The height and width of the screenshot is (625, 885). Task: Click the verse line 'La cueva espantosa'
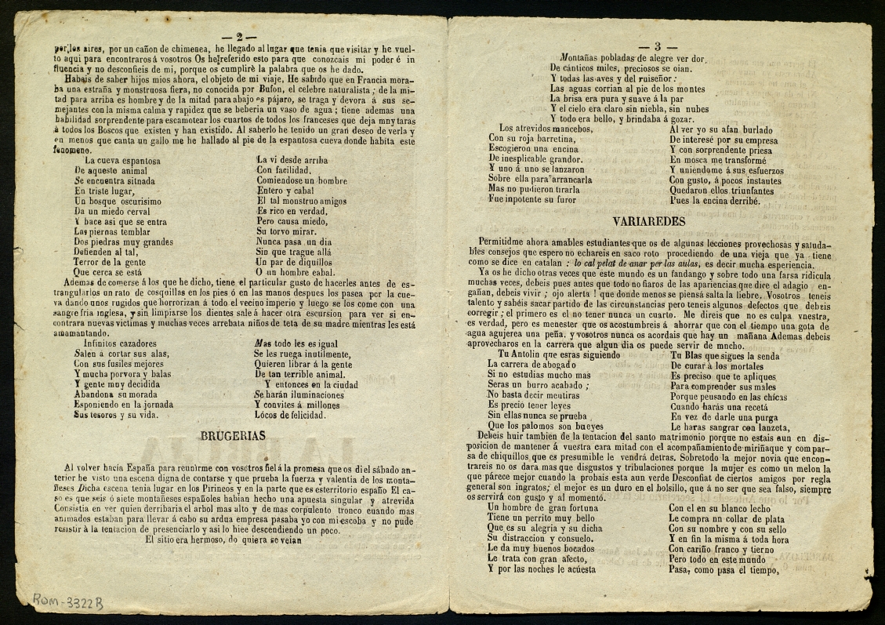click(x=122, y=161)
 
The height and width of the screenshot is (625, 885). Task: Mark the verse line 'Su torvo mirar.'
click(x=291, y=232)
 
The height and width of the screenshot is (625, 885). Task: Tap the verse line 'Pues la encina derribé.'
click(x=714, y=200)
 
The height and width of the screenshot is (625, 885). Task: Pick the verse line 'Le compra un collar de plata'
click(x=726, y=518)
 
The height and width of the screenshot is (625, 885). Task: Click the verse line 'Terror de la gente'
click(x=110, y=263)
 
